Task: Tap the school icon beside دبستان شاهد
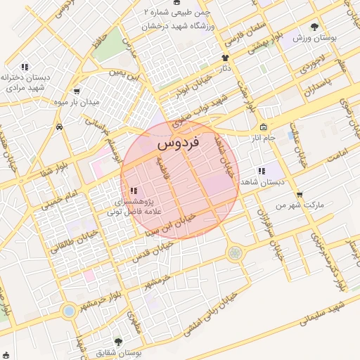tap(262, 171)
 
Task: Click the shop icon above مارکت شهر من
tap(300, 195)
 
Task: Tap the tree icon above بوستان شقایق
tap(117, 342)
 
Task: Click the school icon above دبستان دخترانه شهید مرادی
tap(25, 67)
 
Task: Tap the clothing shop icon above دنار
tap(225, 58)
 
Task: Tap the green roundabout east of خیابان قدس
tap(235, 252)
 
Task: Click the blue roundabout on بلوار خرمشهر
tap(69, 310)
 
